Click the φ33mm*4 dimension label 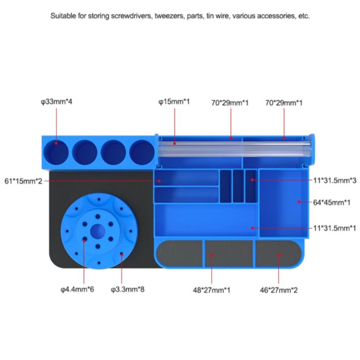tap(57, 102)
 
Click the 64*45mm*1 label tap(333, 202)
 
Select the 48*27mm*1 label tap(212, 289)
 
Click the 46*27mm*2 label tap(279, 289)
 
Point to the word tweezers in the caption tap(167, 16)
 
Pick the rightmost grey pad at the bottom tap(278, 253)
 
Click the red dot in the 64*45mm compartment tap(299, 202)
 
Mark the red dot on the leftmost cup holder tap(56, 143)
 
